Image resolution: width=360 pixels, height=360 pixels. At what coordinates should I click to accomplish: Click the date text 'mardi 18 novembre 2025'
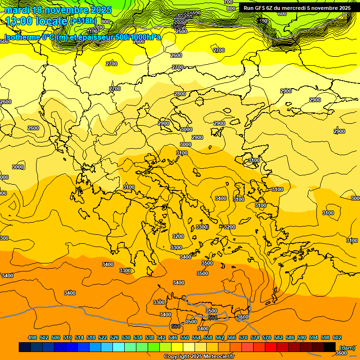[x=58, y=10]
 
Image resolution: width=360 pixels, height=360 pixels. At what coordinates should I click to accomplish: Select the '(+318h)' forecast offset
[x=83, y=21]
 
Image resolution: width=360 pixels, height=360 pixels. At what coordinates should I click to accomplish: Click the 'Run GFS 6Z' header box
[x=297, y=8]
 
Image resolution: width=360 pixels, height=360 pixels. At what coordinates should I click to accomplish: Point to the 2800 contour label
[x=180, y=94]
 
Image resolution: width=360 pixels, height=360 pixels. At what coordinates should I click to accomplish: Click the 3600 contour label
[x=344, y=353]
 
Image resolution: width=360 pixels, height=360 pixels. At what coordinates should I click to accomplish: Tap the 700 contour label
[x=228, y=2]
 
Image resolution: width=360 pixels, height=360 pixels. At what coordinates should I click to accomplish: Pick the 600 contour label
[x=282, y=14]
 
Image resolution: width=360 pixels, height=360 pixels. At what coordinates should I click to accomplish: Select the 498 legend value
[x=32, y=337]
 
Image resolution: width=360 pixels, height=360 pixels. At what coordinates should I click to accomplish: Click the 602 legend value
[x=337, y=337]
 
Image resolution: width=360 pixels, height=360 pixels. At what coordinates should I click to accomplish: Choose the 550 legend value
[x=185, y=337]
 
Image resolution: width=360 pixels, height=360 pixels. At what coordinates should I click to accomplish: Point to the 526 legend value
[x=114, y=337]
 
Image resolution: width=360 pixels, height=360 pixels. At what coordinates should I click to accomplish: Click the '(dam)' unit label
[x=347, y=347]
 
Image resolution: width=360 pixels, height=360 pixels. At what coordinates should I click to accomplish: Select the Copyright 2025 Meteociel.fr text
[x=198, y=356]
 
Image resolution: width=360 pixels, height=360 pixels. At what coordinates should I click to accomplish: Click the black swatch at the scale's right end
[x=330, y=347]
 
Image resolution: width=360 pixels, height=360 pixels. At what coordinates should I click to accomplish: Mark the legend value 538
[x=150, y=337]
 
